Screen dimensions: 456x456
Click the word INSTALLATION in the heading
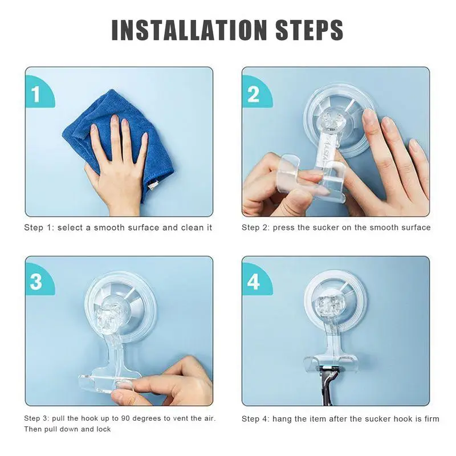click(x=189, y=30)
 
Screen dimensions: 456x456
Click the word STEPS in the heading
click(x=309, y=30)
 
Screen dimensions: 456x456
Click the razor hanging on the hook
click(x=329, y=384)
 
